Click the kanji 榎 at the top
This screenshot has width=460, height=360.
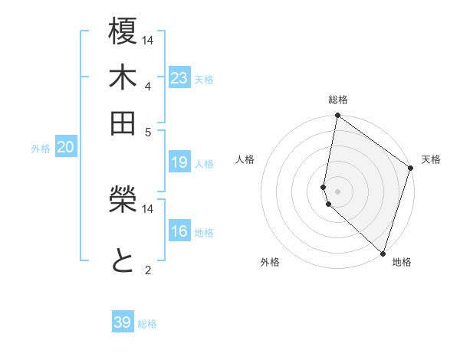tap(123, 31)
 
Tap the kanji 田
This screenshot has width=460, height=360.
tap(123, 122)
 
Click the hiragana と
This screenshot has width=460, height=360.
tap(123, 260)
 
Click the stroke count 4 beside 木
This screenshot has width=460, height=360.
tap(147, 85)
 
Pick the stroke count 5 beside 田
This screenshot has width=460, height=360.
tap(147, 131)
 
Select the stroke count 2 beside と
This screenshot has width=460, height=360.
tap(147, 269)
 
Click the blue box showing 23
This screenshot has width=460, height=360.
tap(179, 78)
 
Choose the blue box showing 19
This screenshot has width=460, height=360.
tap(179, 162)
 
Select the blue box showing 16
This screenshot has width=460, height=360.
tap(179, 231)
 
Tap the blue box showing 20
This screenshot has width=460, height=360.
tap(65, 148)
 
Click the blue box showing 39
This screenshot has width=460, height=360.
tap(123, 322)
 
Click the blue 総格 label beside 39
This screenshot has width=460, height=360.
tap(147, 324)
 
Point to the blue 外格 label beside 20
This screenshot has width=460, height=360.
tap(40, 149)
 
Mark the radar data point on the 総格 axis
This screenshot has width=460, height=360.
tap(337, 116)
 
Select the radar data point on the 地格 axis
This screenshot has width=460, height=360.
tap(383, 253)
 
